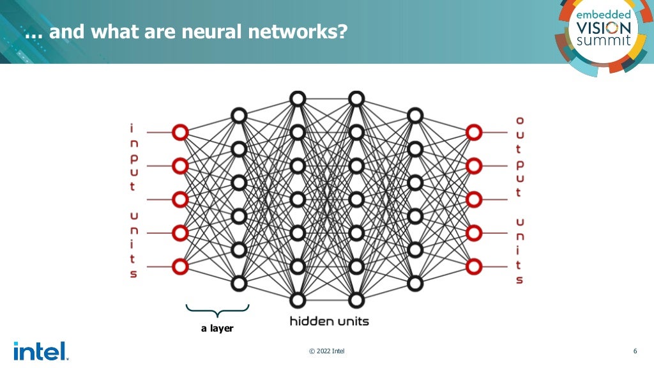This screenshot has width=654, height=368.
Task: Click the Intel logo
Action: point(40,351)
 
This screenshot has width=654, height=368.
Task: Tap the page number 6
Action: point(635,351)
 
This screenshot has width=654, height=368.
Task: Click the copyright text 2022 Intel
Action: point(326,351)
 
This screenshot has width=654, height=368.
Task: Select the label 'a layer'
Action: point(217,328)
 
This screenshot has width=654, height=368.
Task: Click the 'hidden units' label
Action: point(329,321)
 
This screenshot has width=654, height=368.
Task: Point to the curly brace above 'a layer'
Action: point(217,311)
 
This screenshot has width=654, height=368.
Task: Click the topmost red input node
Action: point(180,132)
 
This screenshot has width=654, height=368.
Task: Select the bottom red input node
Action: point(180,265)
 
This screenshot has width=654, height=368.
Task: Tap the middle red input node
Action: point(180,199)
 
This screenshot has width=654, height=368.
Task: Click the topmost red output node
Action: point(473,132)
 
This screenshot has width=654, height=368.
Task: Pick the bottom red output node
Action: point(473,265)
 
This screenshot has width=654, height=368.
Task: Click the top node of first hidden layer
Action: point(239,116)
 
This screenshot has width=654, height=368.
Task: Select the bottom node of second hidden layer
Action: point(298,299)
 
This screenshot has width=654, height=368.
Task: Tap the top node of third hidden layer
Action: point(356,98)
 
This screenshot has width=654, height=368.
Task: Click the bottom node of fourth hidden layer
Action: point(415,282)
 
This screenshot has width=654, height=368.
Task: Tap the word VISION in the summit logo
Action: point(603,27)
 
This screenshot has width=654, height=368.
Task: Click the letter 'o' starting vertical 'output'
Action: point(519,120)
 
